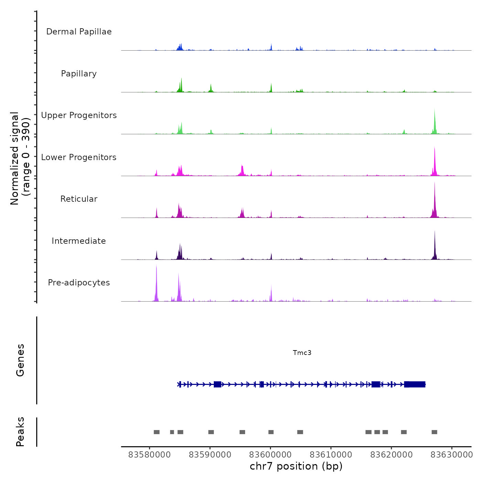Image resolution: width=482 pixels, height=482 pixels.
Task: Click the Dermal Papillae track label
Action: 79,32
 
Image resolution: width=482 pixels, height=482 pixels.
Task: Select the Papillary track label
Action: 79,74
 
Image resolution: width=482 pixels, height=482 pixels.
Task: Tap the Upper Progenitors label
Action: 79,115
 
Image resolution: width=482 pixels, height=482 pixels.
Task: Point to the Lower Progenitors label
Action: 79,157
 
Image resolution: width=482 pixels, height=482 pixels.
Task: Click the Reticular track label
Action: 79,199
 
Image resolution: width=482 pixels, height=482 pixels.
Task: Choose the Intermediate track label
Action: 79,241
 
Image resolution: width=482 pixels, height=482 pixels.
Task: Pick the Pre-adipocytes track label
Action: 79,283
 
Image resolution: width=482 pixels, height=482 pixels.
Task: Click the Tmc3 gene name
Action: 302,353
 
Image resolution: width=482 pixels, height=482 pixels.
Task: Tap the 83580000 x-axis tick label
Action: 149,455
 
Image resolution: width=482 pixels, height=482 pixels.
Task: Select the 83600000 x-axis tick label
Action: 271,455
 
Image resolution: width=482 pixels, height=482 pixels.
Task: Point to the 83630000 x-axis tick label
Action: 452,455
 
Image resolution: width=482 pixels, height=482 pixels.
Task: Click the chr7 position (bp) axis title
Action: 296,466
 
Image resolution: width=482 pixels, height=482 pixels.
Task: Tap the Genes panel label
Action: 20,360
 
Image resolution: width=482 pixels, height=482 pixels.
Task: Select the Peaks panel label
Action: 20,432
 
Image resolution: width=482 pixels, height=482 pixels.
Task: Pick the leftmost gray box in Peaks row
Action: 157,432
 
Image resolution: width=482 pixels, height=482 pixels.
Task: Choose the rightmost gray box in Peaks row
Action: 434,432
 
